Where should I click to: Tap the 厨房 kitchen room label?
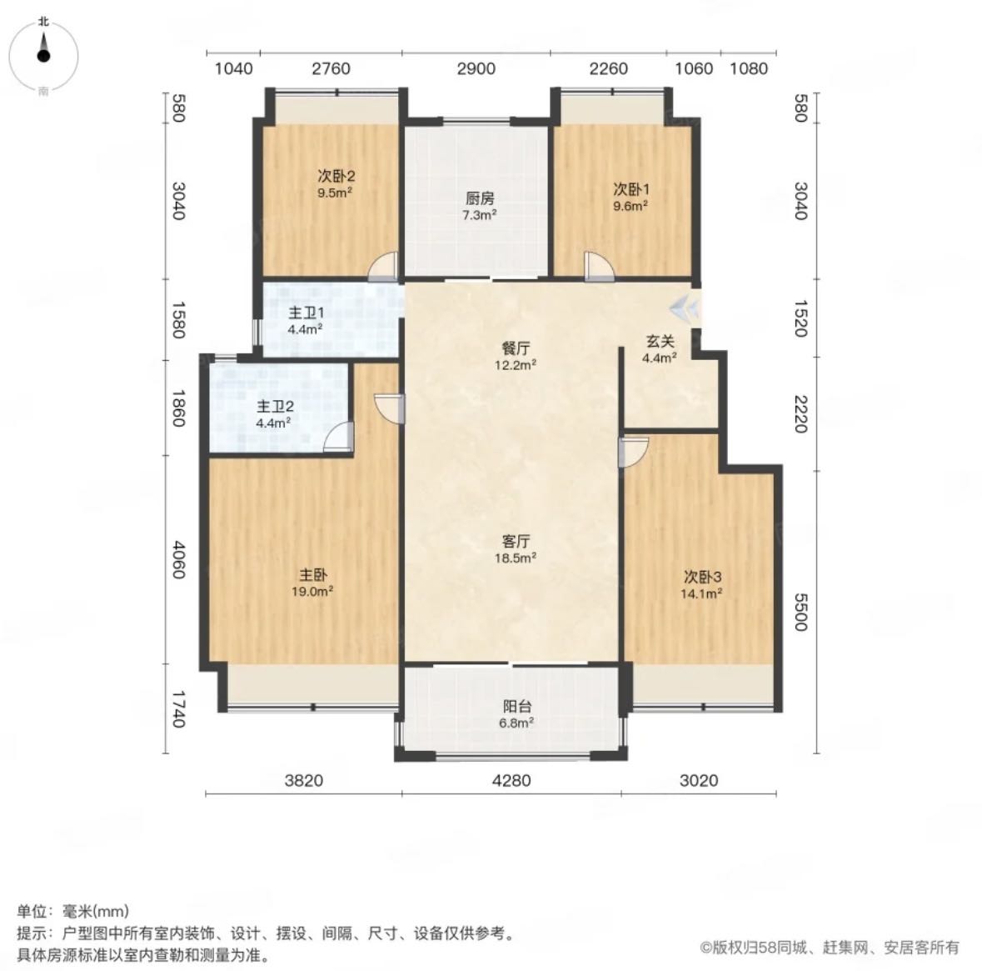point(480,198)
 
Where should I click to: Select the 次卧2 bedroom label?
point(336,176)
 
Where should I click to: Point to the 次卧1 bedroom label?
point(631,188)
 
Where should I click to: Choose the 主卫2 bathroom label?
point(274,406)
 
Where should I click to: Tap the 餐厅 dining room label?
point(516,348)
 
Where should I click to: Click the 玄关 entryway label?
point(660,342)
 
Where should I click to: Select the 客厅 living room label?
point(516,541)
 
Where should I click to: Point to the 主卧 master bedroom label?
point(312,574)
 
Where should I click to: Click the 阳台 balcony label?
point(516,707)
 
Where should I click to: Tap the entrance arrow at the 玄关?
point(683,308)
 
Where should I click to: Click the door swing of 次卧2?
point(382,266)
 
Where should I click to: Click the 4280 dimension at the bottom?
point(511,780)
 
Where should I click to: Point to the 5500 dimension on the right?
point(801,612)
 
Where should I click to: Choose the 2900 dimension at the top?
point(476,68)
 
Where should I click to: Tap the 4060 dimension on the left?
point(179,560)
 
